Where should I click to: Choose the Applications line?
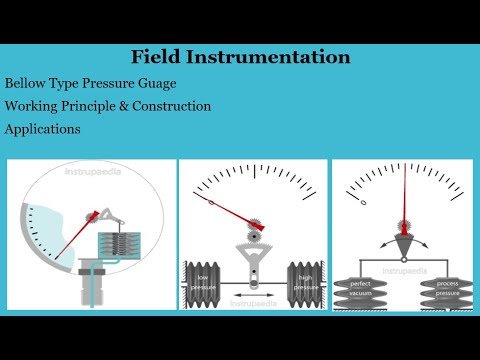point(43,129)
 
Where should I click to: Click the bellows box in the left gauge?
point(127,246)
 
